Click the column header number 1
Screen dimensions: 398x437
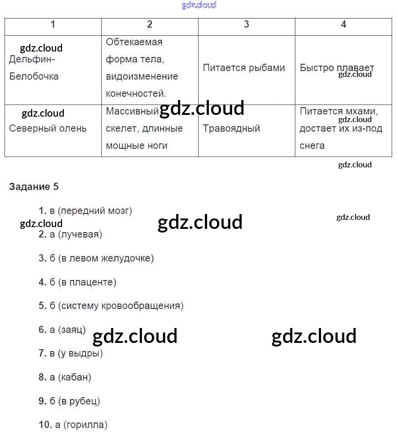click(53, 24)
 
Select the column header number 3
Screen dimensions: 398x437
click(246, 24)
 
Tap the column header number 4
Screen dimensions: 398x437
click(343, 24)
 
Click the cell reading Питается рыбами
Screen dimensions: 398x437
click(244, 68)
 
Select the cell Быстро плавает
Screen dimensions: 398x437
click(337, 68)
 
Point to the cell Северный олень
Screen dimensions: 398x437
click(48, 128)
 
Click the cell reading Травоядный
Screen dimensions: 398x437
click(231, 128)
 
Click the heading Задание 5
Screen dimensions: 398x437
click(34, 186)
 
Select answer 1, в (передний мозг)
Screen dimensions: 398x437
click(85, 210)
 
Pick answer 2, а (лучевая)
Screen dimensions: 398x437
click(71, 234)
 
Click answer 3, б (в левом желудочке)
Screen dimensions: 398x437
click(96, 258)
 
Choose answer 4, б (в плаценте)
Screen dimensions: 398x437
click(77, 282)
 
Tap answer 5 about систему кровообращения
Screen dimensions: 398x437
click(111, 306)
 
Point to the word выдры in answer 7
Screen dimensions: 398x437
click(86, 353)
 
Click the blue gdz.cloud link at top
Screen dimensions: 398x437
click(199, 5)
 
